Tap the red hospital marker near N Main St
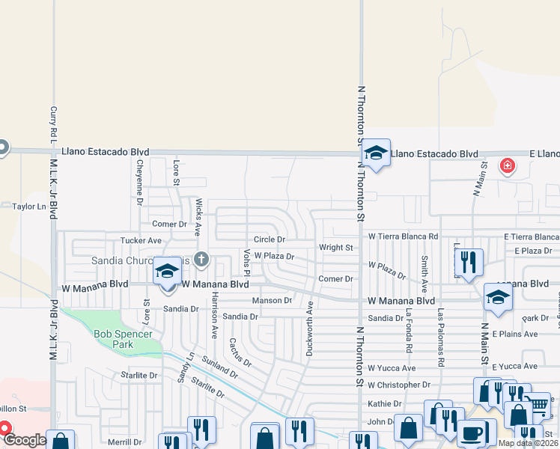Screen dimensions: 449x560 click(x=508, y=165)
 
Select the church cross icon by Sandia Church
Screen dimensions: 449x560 click(x=201, y=260)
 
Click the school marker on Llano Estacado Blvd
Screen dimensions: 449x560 click(x=377, y=153)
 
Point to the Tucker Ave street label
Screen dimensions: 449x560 click(x=141, y=241)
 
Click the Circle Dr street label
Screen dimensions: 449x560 click(x=270, y=239)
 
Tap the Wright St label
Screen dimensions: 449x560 click(x=335, y=247)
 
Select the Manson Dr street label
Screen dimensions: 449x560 click(x=272, y=300)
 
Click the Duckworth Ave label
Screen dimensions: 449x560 click(x=309, y=329)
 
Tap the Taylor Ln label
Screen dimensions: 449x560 click(x=28, y=206)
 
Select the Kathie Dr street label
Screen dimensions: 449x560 click(x=385, y=403)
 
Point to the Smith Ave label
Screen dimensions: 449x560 click(x=424, y=274)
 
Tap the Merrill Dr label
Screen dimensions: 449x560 click(x=124, y=442)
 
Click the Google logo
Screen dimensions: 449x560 click(x=25, y=440)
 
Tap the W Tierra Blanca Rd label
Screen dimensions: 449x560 click(x=403, y=236)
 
